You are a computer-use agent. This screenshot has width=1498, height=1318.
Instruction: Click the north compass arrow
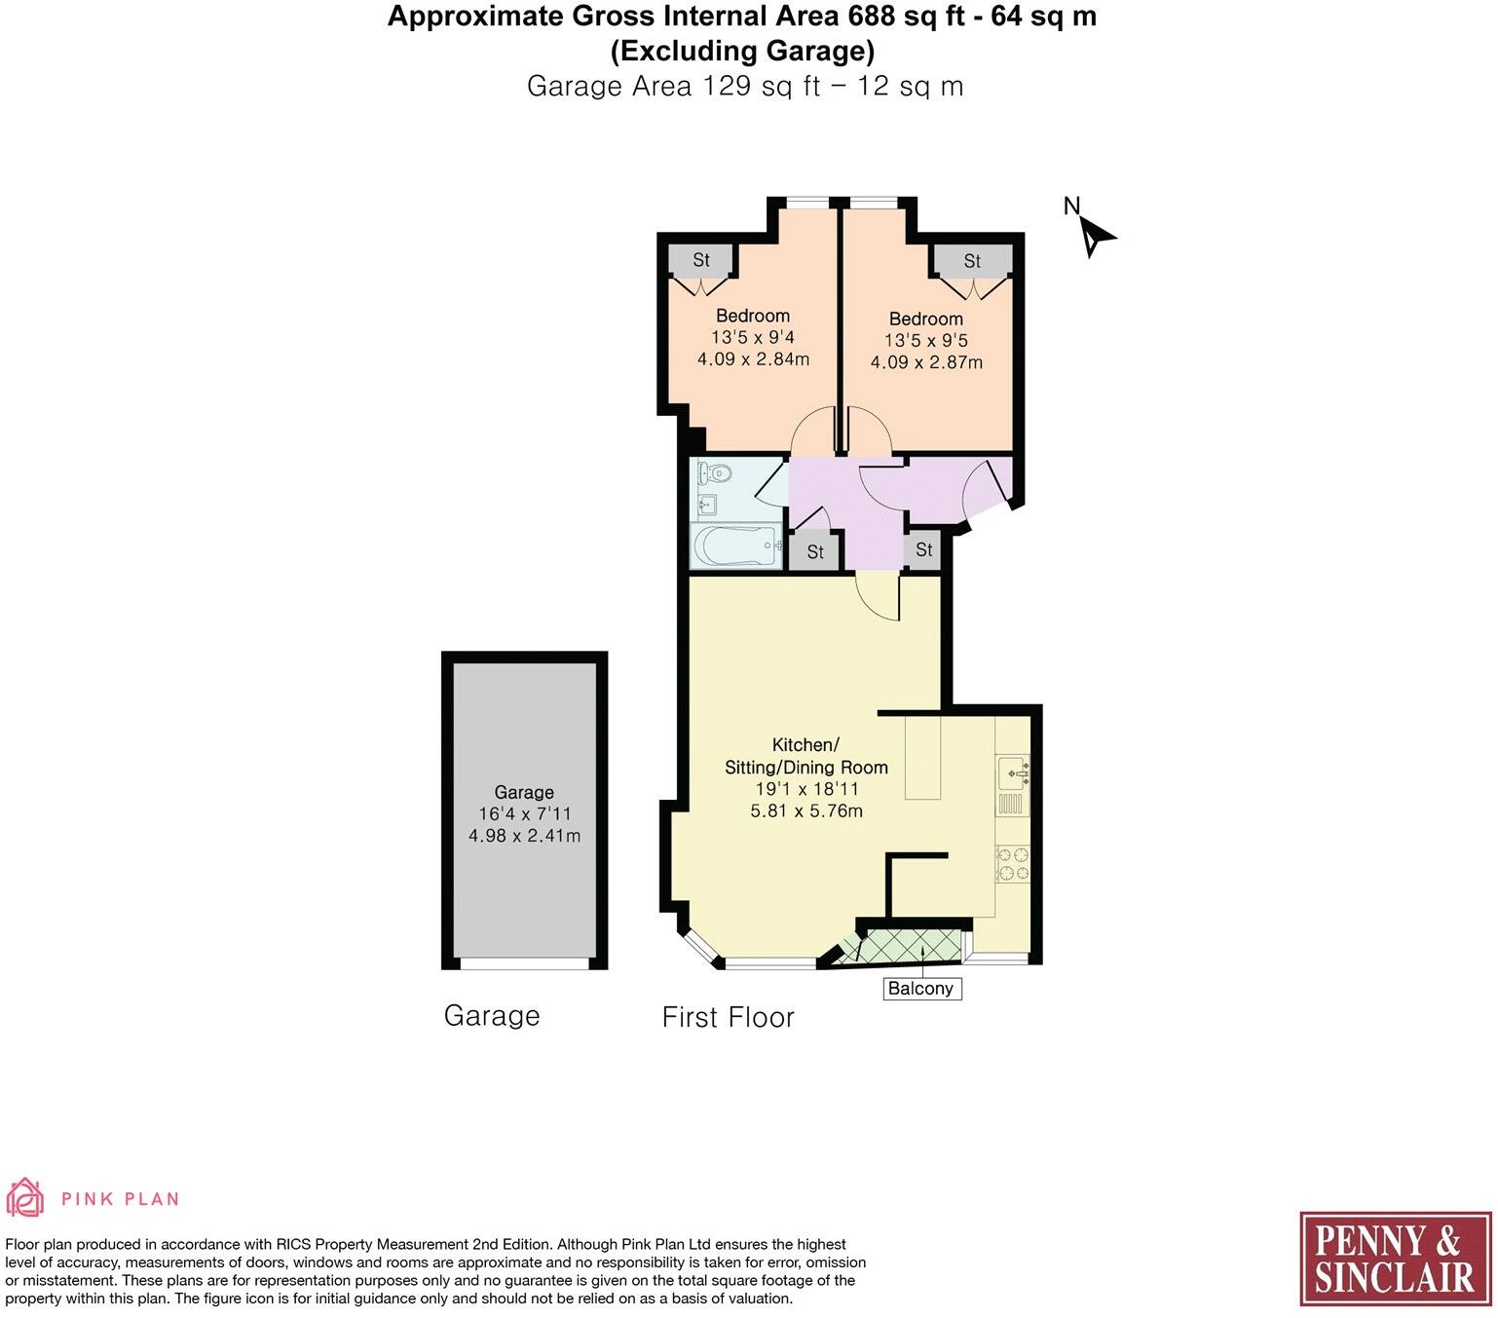(x=1098, y=235)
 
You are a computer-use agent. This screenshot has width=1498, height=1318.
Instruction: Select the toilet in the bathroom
(x=714, y=474)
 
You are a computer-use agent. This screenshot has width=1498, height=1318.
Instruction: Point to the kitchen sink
(x=1012, y=772)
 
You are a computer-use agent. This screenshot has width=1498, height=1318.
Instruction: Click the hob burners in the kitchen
(x=1012, y=863)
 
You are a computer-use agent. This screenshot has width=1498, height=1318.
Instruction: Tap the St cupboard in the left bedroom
(x=701, y=260)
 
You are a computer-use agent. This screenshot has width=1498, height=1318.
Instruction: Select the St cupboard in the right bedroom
(x=972, y=261)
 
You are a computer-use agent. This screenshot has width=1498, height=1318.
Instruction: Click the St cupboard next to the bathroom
(x=815, y=551)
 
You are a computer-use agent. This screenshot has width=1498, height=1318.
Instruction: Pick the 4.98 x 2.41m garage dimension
(x=524, y=836)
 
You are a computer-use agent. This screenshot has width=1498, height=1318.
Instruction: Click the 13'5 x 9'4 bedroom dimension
(x=752, y=337)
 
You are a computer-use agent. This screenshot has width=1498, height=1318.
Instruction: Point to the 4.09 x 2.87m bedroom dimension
(x=925, y=362)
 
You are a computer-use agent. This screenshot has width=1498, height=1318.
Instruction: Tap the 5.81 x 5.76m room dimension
(x=805, y=810)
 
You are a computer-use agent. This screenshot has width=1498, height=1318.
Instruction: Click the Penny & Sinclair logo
(x=1395, y=1258)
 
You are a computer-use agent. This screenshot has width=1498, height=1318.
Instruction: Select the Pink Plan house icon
(x=25, y=1197)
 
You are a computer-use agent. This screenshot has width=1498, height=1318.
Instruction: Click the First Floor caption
(x=728, y=1017)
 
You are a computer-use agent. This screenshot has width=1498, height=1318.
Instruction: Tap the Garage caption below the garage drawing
(x=491, y=1016)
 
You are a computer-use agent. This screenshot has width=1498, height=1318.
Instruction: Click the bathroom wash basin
(x=707, y=505)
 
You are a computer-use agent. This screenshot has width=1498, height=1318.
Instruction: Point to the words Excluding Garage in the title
(x=742, y=50)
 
